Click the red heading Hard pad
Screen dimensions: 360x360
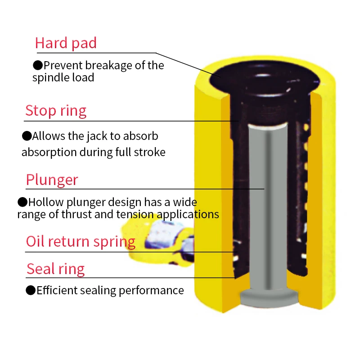point(66,43)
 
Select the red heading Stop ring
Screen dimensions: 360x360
point(56,111)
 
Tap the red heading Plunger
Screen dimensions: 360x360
point(52,180)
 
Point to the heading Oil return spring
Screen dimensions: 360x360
point(81,242)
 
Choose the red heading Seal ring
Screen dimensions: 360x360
point(55,269)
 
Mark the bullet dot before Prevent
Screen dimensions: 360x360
point(38,66)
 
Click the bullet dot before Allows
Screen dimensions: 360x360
point(27,135)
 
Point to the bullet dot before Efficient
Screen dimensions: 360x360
point(31,290)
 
